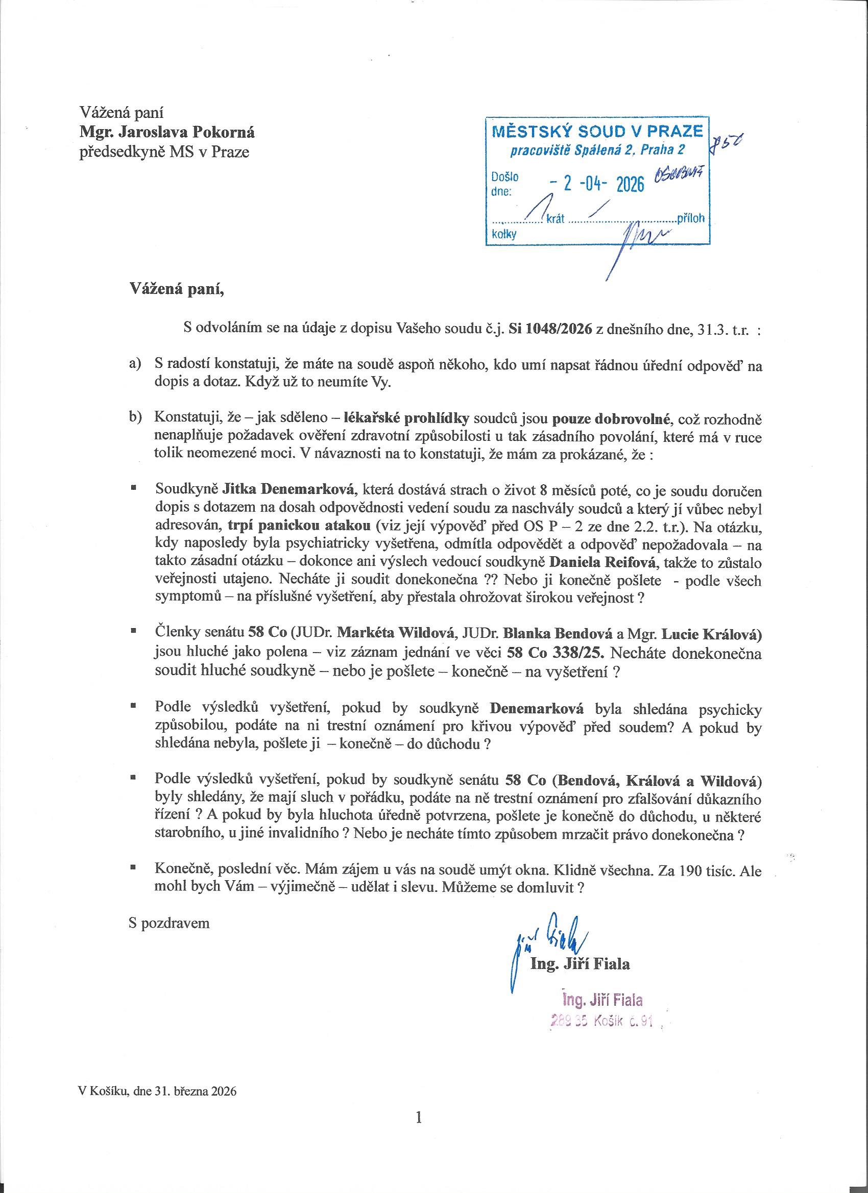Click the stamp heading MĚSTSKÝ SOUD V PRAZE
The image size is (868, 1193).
597,132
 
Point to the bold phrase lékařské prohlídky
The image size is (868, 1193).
406,419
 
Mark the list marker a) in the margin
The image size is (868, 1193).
136,364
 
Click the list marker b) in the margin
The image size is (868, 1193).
136,419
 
